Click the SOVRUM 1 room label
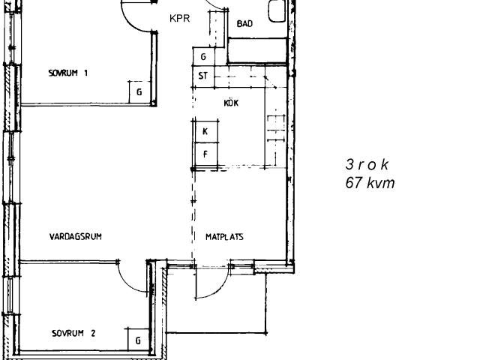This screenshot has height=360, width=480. (68, 73)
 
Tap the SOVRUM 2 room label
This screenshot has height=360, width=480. (73, 333)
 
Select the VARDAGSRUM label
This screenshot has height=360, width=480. (76, 237)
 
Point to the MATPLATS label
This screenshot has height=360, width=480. (224, 237)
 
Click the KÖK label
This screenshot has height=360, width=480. (231, 103)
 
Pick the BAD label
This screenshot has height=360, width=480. (244, 23)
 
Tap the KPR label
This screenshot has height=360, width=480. (180, 18)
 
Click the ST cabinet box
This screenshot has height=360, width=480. (203, 76)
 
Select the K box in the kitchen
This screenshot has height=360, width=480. (206, 132)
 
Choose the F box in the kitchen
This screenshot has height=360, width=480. (206, 154)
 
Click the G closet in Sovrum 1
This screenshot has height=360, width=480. (139, 92)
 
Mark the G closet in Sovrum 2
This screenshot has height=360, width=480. (138, 340)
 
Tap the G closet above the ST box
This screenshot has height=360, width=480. (203, 56)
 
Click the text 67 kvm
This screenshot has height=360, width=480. (370, 183)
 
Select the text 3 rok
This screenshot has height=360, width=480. (367, 164)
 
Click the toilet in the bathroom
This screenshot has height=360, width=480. (277, 11)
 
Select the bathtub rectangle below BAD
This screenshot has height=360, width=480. (257, 50)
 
